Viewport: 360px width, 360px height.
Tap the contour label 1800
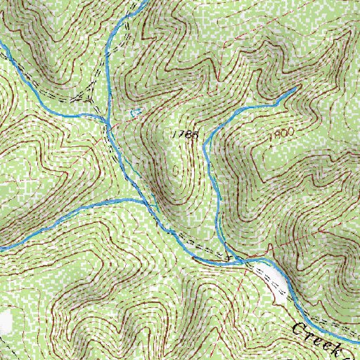pyautogui.click(x=279, y=133)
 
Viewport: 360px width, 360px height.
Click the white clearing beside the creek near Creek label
pyautogui.click(x=272, y=281)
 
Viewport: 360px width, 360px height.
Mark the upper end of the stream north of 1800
pyautogui.click(x=294, y=90)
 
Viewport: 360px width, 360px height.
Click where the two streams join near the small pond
pyautogui.click(x=107, y=121)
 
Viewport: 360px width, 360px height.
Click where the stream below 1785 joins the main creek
pyautogui.click(x=238, y=259)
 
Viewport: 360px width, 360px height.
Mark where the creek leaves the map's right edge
pyautogui.click(x=357, y=330)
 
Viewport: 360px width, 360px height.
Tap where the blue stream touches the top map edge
pyautogui.click(x=138, y=2)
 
